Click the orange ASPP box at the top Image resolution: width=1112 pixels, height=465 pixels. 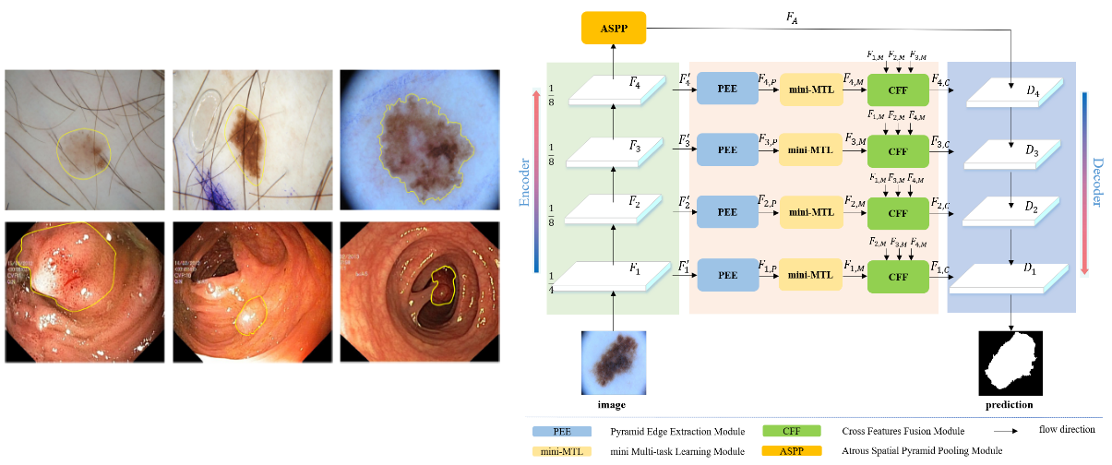[x=614, y=29]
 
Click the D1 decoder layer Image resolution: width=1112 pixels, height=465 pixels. [x=1012, y=277]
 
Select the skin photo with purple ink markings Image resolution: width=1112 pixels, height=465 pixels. [x=251, y=138]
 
